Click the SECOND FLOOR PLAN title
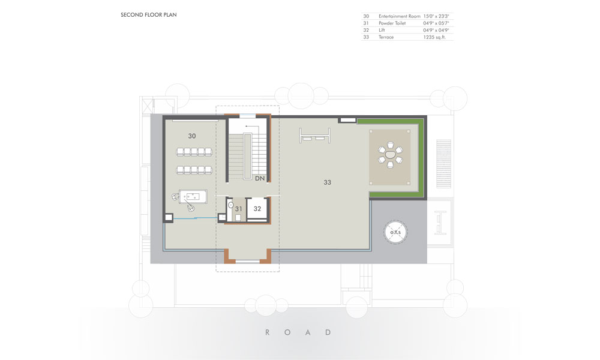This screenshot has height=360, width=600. [x=148, y=15]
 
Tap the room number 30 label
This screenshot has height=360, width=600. [x=192, y=136]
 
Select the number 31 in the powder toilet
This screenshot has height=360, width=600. [x=239, y=209]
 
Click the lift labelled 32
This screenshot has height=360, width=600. [x=257, y=209]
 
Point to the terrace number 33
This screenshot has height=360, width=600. [x=327, y=182]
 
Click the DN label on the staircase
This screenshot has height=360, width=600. [x=260, y=178]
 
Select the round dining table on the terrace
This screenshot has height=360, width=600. [x=391, y=155]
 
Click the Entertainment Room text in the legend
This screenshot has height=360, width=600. [x=400, y=16]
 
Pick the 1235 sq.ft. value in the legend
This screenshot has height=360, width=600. [x=434, y=37]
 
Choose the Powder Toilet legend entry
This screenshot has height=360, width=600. [x=392, y=23]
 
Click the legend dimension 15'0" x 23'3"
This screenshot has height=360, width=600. [x=436, y=16]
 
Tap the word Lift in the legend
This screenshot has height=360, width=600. [x=382, y=30]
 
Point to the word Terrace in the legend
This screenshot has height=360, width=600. [x=386, y=37]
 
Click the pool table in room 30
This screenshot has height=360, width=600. [x=193, y=197]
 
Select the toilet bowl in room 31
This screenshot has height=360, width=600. [x=231, y=205]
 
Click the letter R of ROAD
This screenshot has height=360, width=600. [x=268, y=332]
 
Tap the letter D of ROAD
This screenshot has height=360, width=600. [x=328, y=332]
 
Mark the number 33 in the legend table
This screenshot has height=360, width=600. [x=366, y=37]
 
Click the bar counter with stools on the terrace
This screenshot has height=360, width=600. [x=314, y=136]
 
